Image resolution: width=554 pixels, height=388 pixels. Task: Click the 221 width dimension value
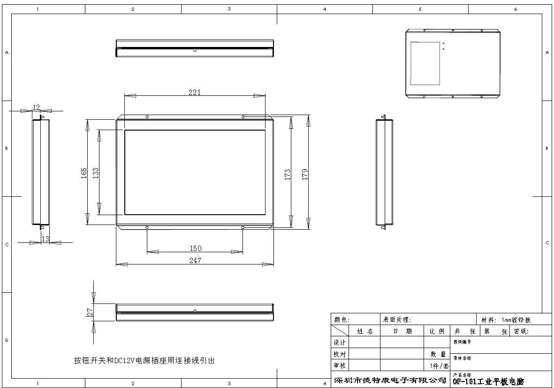pos(195,93)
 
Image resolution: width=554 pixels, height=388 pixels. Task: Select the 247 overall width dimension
pos(195,260)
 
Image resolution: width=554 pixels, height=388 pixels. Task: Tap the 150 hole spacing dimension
pos(195,248)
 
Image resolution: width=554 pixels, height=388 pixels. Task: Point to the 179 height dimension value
pos(305,174)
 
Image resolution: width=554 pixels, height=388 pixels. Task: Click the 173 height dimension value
pos(288,174)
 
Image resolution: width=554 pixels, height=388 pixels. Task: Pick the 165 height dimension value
pos(84,173)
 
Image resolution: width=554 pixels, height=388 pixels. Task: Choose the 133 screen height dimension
pos(96,173)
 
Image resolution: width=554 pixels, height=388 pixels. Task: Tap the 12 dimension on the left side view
pos(36,108)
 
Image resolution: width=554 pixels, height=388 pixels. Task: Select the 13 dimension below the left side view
pos(46,239)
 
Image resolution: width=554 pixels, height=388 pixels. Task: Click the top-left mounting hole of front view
pos(147,117)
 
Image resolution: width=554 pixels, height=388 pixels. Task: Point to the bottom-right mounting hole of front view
pos(243,228)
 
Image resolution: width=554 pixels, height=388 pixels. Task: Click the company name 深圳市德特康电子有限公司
pos(389,380)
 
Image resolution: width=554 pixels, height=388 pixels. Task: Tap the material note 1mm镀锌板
pos(516,320)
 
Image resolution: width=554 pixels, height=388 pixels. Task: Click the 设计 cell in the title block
pos(340,342)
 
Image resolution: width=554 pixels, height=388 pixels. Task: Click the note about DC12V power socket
pos(144,360)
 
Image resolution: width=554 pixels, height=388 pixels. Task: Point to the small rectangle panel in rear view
pos(425,63)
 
